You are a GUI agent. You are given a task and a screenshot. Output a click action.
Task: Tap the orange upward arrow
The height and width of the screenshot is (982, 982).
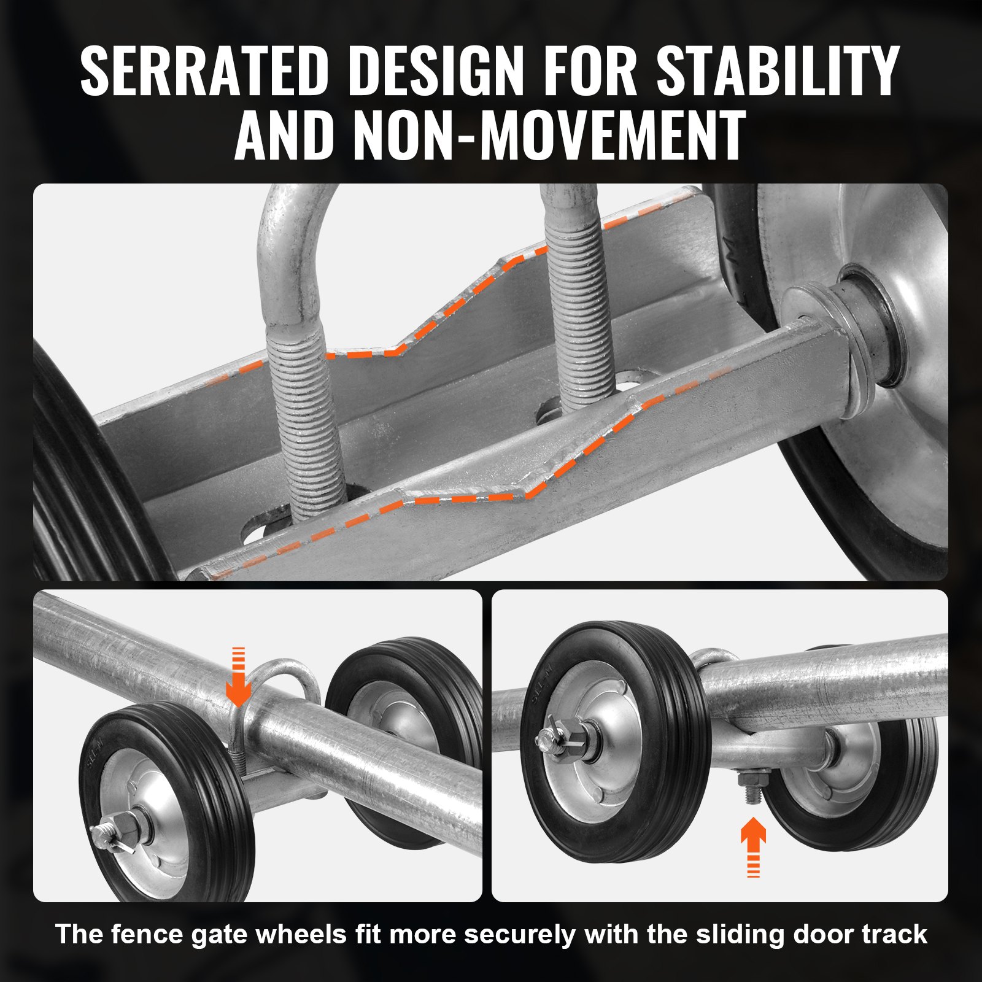[x=753, y=844]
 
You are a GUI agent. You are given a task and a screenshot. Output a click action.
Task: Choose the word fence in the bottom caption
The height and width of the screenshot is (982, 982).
[x=149, y=934]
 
